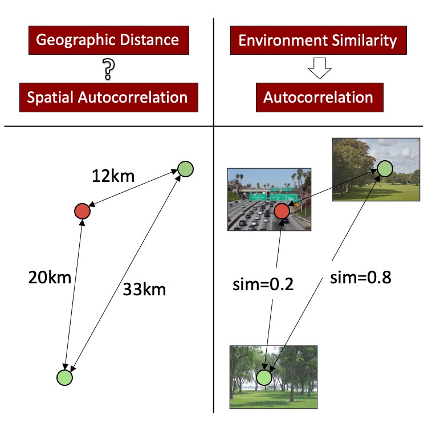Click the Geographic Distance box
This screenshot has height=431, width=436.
click(107, 40)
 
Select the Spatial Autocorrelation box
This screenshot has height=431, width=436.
click(108, 97)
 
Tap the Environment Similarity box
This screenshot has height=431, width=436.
click(317, 40)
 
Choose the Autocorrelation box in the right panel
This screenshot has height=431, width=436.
click(318, 97)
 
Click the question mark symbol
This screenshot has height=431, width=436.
click(108, 70)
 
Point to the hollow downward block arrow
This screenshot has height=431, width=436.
click(318, 69)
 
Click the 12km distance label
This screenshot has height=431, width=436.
click(113, 176)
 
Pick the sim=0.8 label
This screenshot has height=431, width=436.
click(360, 278)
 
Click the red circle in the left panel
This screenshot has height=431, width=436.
click(83, 212)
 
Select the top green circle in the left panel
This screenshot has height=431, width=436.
click(186, 169)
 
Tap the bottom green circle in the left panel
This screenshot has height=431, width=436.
click(65, 377)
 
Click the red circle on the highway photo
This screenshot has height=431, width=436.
click(282, 212)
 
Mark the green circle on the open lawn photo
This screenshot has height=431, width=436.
click(384, 169)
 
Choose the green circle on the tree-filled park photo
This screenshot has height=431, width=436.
click(264, 377)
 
